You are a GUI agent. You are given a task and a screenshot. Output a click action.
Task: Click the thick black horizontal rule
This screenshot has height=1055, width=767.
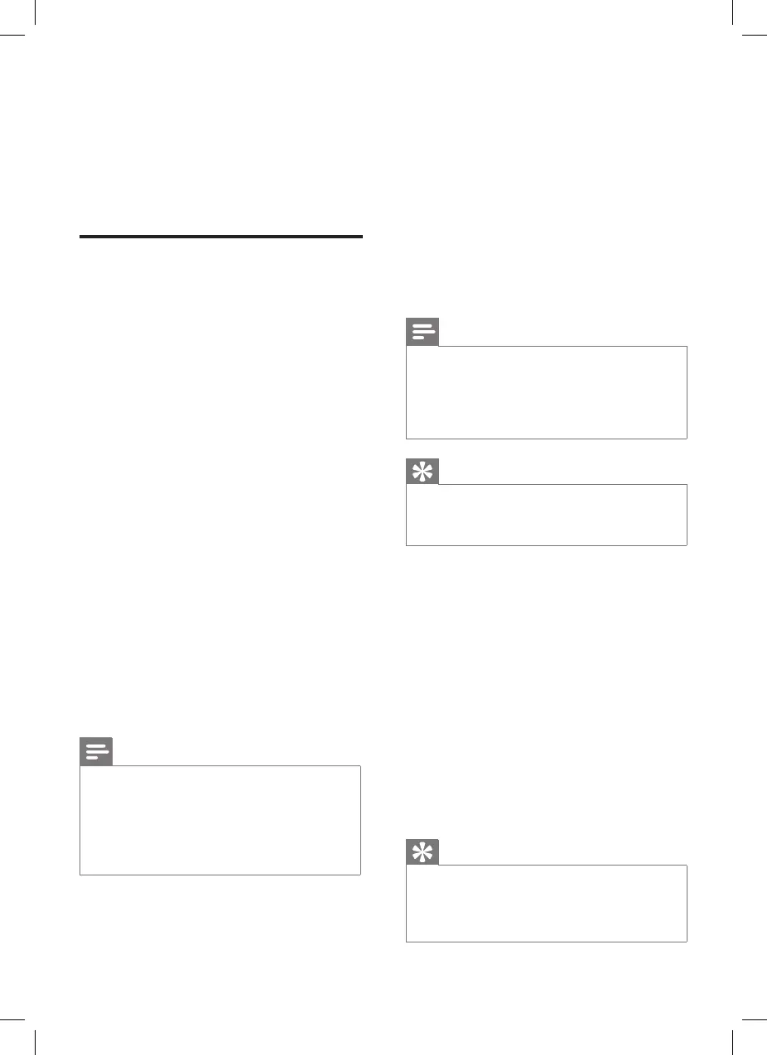click(x=221, y=237)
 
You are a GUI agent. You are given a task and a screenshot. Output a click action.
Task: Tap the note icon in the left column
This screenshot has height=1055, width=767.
click(x=96, y=751)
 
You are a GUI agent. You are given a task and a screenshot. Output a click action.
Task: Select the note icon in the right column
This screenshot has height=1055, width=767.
click(x=422, y=333)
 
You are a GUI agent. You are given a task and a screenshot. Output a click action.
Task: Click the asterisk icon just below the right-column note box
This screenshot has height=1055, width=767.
click(x=422, y=471)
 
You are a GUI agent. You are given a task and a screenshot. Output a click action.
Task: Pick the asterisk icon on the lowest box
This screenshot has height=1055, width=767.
click(x=422, y=851)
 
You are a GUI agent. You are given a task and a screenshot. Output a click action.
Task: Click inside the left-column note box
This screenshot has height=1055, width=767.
click(x=220, y=820)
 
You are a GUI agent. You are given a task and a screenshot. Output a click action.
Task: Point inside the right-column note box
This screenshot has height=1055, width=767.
click(x=547, y=392)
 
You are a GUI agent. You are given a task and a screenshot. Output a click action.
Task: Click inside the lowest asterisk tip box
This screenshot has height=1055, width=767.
click(x=547, y=904)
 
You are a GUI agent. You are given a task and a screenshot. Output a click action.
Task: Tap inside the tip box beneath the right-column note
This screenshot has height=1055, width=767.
click(x=547, y=515)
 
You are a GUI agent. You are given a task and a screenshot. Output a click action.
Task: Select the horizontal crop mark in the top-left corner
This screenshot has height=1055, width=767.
click(x=12, y=36)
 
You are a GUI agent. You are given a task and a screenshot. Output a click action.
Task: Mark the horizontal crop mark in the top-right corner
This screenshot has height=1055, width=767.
click(x=755, y=36)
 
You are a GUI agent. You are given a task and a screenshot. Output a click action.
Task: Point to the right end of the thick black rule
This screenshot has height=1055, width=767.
click(x=362, y=237)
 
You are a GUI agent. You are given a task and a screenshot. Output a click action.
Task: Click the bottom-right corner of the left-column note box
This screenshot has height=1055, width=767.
click(x=360, y=874)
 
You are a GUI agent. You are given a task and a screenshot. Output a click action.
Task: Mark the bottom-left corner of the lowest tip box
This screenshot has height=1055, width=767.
click(x=407, y=941)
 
